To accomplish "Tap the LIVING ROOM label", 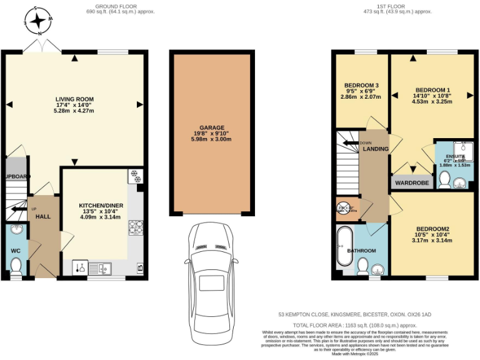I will point(74,99).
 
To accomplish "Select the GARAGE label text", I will point(212,126).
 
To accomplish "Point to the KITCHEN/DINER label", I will point(101,205).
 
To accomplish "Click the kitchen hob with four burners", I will point(135,229).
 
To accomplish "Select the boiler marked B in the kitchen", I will point(139,268).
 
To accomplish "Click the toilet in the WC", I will point(16,266).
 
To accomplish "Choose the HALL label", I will point(42,216).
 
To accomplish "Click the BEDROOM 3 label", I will point(361,86).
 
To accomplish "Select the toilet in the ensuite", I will point(444,180).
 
